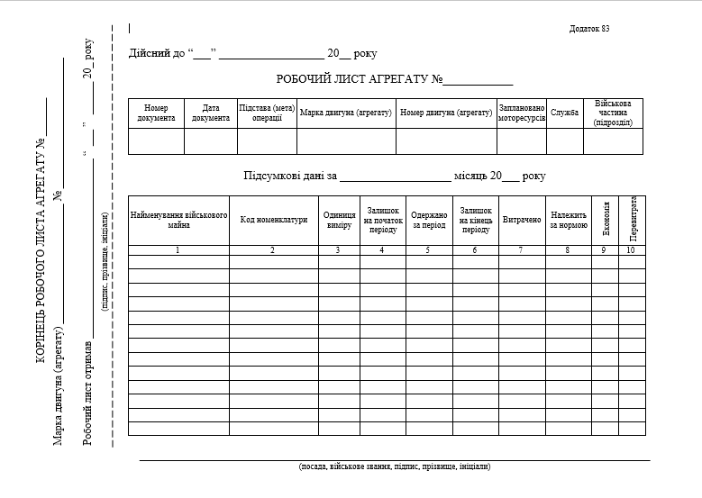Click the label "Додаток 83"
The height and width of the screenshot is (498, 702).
pos(589,29)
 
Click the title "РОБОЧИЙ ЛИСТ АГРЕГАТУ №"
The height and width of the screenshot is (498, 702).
pos(360,80)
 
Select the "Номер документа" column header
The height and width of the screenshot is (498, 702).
pos(156,113)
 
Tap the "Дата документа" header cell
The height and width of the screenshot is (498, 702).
pos(211,113)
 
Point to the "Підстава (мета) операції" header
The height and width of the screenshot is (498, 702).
pos(267,113)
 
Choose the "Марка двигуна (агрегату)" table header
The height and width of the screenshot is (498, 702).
pos(346,113)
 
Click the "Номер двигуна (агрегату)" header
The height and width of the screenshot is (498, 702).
pos(445,113)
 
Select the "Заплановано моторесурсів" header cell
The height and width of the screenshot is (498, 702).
pos(522,113)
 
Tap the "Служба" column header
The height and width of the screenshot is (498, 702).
pos(565,113)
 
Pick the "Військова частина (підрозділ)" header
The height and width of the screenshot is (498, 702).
pos(613,113)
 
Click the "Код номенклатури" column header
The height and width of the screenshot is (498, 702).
pos(273,220)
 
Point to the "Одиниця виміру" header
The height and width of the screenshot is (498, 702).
pos(339,220)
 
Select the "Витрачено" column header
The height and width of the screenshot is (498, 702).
pos(521,220)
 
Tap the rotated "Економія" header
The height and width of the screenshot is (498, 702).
pos(606,220)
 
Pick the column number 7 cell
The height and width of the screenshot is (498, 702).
pos(521,250)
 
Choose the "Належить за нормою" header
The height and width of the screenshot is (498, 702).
pos(569,220)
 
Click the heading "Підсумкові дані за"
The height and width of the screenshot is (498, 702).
pos(289,177)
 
